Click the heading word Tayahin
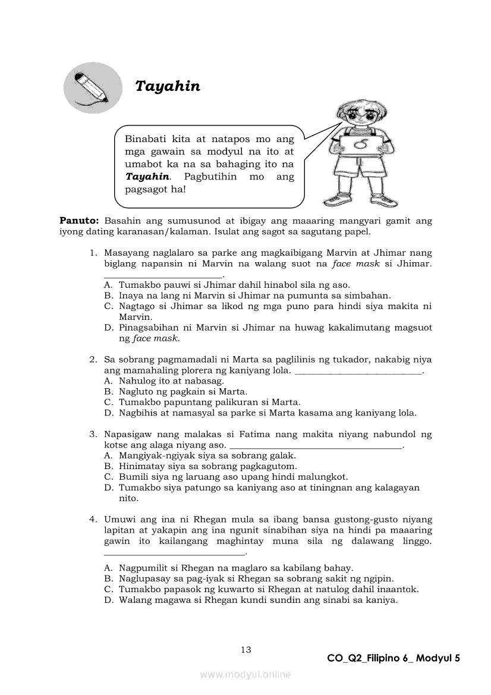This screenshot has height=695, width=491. pos(168,86)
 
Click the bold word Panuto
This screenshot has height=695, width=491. pos(78,221)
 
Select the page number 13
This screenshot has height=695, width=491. pos(246,649)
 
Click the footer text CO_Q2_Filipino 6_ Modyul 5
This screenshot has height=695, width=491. pos(394,658)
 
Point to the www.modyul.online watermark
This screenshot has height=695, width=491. pos(245,674)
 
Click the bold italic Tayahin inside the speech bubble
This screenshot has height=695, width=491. pos(147,177)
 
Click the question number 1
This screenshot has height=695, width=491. pos(93,253)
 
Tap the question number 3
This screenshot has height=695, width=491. pos(93,435)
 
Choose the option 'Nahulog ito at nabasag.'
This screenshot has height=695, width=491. pos(171,380)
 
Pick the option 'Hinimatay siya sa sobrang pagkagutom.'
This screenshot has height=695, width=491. pos(207,466)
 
